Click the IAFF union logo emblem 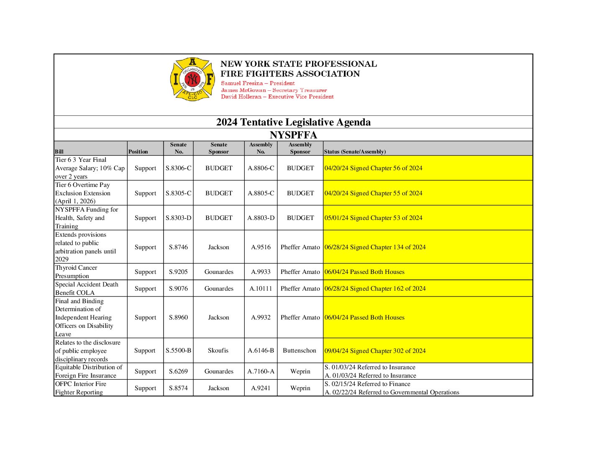pyautogui.click(x=192, y=79)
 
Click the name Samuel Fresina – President pyautogui.click(x=258, y=83)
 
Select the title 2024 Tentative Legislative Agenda pyautogui.click(x=293, y=122)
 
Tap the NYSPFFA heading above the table pyautogui.click(x=293, y=135)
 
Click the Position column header pyautogui.click(x=138, y=152)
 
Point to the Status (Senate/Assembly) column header pyautogui.click(x=355, y=152)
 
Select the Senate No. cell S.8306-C pyautogui.click(x=178, y=168)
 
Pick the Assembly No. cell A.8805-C pyautogui.click(x=261, y=193)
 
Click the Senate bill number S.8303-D pyautogui.click(x=178, y=218)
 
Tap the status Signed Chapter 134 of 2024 pyautogui.click(x=375, y=247)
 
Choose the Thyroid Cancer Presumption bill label pyautogui.click(x=76, y=272)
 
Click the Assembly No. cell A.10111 pyautogui.click(x=261, y=289)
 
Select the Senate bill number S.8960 pyautogui.click(x=178, y=317)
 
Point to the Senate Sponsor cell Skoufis pyautogui.click(x=218, y=350)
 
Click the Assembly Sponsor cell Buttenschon pyautogui.click(x=300, y=350)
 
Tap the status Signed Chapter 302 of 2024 pyautogui.click(x=375, y=351)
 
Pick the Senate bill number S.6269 pyautogui.click(x=178, y=371)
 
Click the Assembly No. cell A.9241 pyautogui.click(x=261, y=388)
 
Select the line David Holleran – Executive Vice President pyautogui.click(x=277, y=97)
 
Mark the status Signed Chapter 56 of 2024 pyautogui.click(x=374, y=168)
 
